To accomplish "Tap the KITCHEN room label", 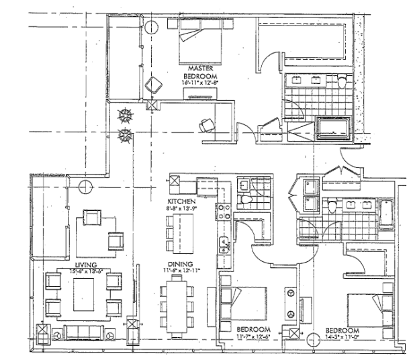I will coord(181,201).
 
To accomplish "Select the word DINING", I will coord(181,264).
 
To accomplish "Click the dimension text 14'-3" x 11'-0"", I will coord(342,339).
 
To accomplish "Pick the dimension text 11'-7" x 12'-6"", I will coord(253,336).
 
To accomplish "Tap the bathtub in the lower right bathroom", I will coord(387,214).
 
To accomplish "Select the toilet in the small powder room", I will coord(246,200).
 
